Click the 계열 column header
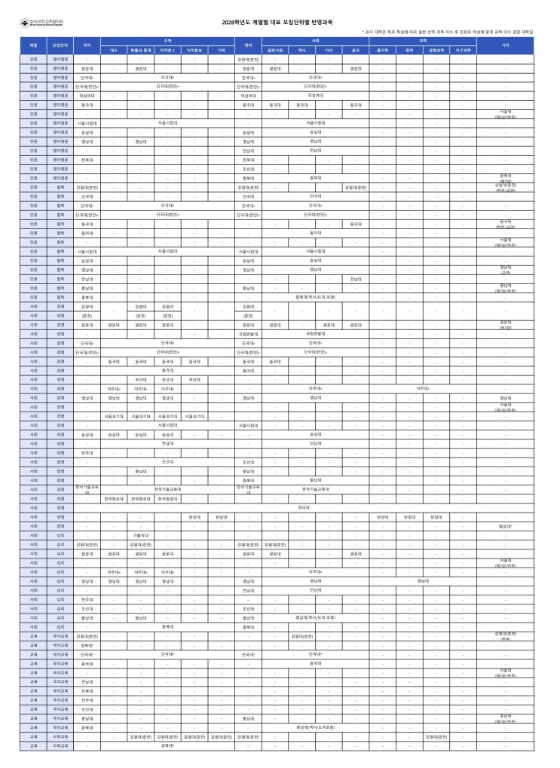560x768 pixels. point(33,45)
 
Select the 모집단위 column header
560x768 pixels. point(60,45)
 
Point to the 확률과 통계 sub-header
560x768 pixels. point(140,50)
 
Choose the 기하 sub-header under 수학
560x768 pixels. point(221,50)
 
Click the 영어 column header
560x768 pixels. point(248,45)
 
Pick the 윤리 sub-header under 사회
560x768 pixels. point(355,50)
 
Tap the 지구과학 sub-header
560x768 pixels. point(464,50)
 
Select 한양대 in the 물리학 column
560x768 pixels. point(382,517)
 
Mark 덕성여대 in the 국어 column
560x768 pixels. point(87,96)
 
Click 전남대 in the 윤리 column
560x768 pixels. point(355,278)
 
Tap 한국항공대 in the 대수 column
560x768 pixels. point(114,499)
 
